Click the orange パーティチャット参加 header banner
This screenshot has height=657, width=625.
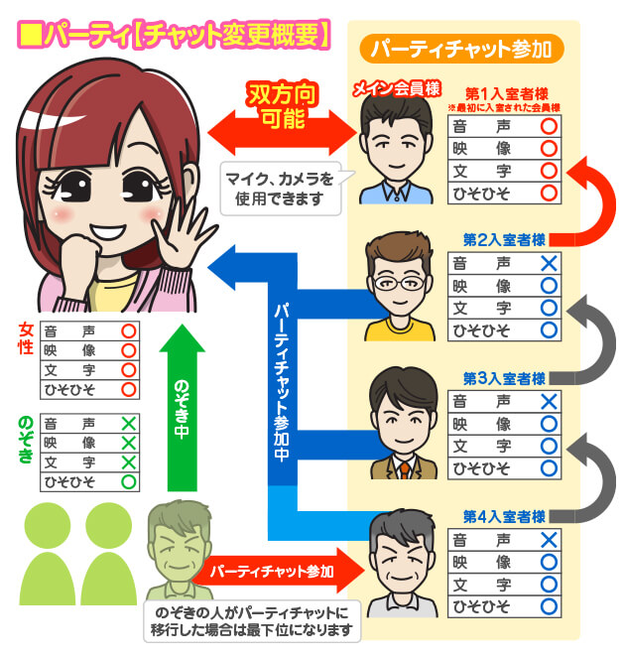[x=463, y=49]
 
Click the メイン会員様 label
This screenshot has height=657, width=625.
[x=396, y=89]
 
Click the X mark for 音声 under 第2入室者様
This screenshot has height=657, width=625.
[x=548, y=263]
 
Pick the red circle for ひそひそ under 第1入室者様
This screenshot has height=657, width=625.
[x=548, y=192]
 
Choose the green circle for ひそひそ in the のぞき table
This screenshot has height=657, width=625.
[x=127, y=482]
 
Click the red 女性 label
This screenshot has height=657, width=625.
[x=27, y=349]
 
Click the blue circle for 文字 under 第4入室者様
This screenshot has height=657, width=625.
[x=548, y=585]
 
